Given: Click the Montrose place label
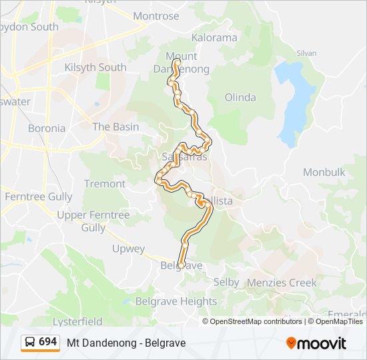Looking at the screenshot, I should coord(156,16).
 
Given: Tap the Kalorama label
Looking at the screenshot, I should coord(214,38).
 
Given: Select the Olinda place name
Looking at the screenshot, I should coord(240,97).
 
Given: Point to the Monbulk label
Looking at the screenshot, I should coord(324,172).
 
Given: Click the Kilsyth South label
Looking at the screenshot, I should coord(95,67).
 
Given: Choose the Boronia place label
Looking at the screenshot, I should coord(47,128).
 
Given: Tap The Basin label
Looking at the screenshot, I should coord(115,127).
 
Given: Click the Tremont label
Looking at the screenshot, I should coord(104,183).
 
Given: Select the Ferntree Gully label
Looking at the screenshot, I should coord(38,197).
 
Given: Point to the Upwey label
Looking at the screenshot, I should coord(128,249).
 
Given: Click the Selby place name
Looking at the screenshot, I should coord(226,282).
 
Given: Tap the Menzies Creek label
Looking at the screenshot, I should coord(282,283).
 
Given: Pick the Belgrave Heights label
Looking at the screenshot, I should coord(176,301).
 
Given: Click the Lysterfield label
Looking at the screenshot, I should coord(77,321).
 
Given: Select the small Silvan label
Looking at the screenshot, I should coord(306,52).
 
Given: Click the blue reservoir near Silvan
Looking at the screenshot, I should coord(294,100).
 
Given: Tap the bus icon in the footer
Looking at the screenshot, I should coord(30,342).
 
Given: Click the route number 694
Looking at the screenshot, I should coord(48,342).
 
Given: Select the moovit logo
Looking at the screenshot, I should coord(316,343).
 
